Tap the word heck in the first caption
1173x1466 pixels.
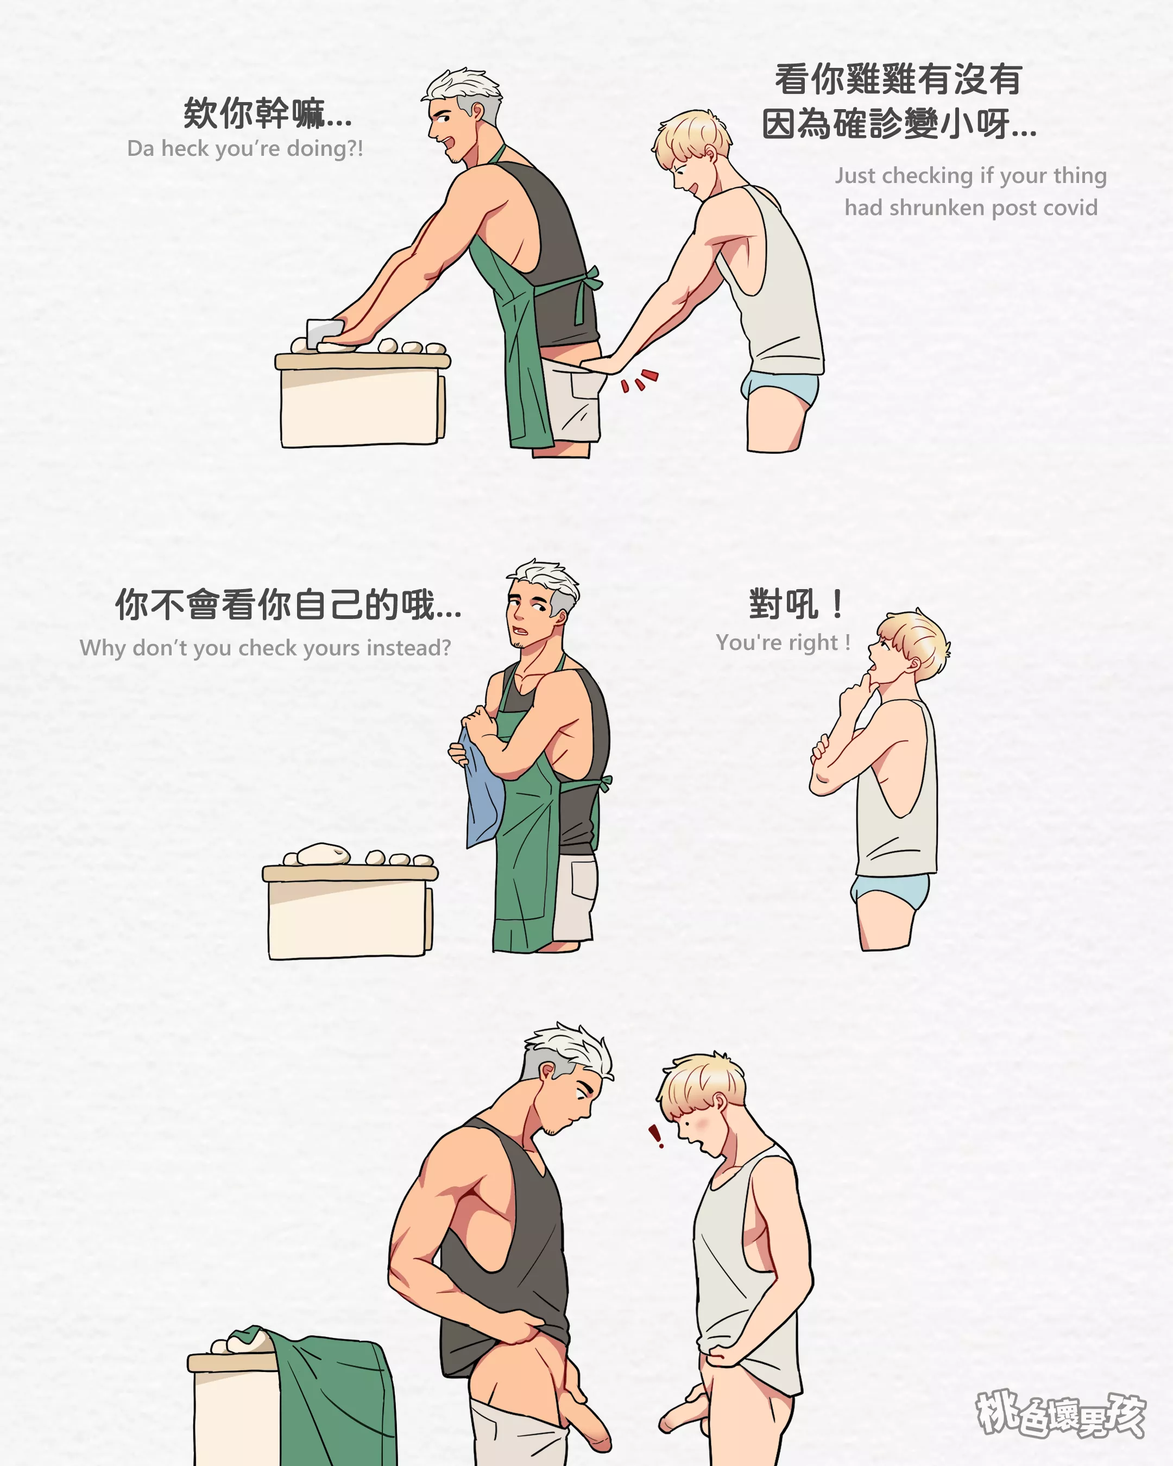[x=184, y=148]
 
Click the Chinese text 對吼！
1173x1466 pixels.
[x=796, y=603]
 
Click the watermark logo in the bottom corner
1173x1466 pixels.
[x=1061, y=1414]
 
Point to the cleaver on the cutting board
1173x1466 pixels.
[x=324, y=332]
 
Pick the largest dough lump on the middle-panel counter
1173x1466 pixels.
[x=323, y=852]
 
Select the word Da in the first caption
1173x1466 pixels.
[x=141, y=148]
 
